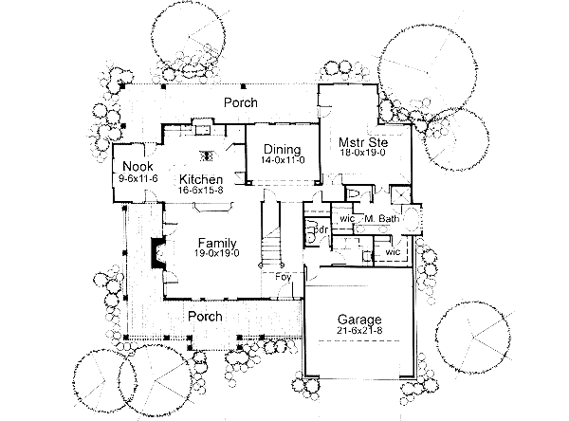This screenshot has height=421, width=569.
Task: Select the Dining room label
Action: (x=282, y=150)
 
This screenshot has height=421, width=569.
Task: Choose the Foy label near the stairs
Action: (x=283, y=277)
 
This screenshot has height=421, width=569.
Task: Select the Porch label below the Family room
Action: (x=204, y=316)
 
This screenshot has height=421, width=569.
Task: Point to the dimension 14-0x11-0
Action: (x=282, y=161)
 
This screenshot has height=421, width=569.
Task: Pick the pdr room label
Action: (x=320, y=230)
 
